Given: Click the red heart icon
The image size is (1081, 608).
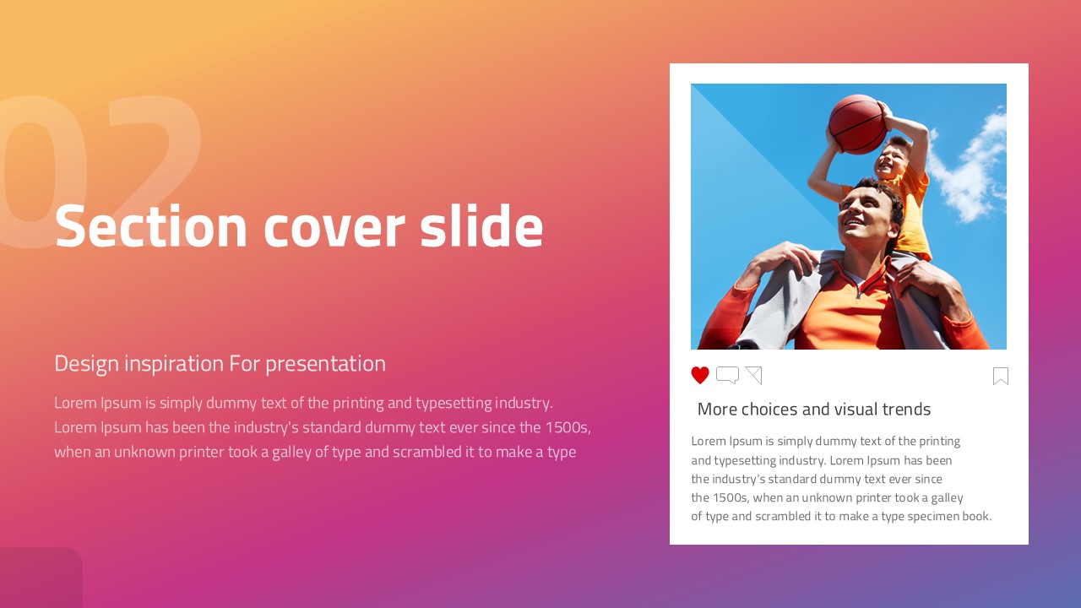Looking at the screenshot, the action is pyautogui.click(x=700, y=375).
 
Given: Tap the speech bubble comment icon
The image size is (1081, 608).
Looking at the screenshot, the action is pyautogui.click(x=727, y=375).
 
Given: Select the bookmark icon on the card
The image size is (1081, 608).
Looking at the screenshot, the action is pyautogui.click(x=1001, y=376).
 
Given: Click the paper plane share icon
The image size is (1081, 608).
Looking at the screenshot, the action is pyautogui.click(x=754, y=375).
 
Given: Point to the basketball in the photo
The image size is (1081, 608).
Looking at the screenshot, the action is pyautogui.click(x=857, y=124).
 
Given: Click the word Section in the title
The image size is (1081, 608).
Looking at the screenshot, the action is pyautogui.click(x=151, y=225).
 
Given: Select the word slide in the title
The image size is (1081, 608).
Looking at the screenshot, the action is pyautogui.click(x=481, y=225).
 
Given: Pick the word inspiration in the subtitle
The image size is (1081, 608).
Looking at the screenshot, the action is pyautogui.click(x=174, y=364).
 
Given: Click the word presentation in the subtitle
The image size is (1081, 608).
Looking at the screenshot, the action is pyautogui.click(x=325, y=365).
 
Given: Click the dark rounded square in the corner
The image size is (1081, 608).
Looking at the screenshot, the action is pyautogui.click(x=41, y=578).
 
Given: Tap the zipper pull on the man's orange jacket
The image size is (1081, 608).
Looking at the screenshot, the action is pyautogui.click(x=857, y=292).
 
